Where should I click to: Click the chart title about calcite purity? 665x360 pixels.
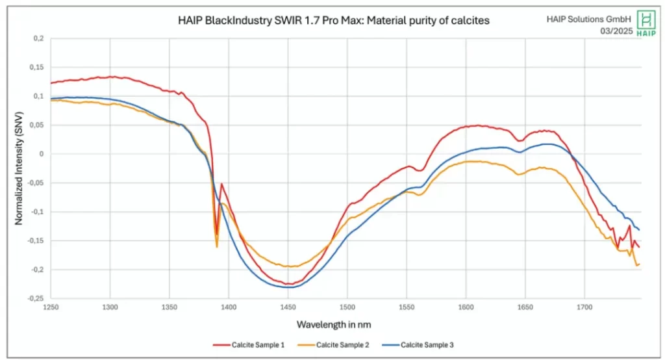pos(333,21)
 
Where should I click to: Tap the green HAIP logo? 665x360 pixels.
pos(646,23)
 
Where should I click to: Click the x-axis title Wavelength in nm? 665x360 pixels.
pos(333,323)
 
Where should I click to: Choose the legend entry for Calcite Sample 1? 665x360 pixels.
pos(249,344)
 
